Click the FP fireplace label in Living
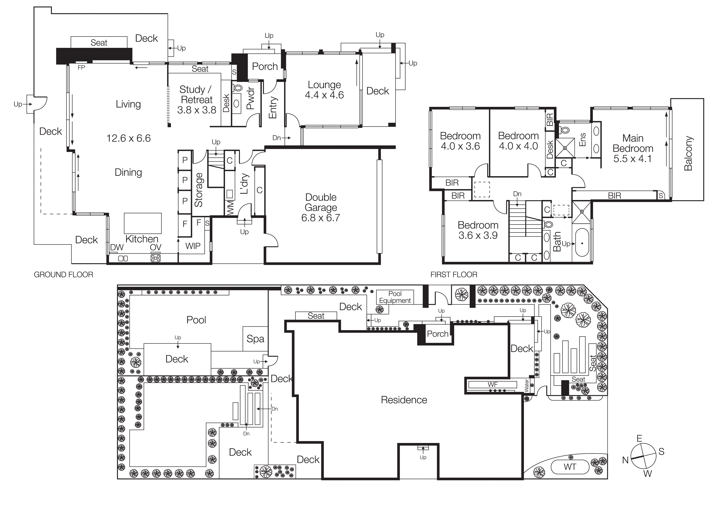pos(81,67)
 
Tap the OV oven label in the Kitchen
pos(156,247)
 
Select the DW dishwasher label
pos(117,247)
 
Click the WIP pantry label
pos(193,246)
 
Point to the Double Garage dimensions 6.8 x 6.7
pos(320,218)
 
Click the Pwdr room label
pos(250,98)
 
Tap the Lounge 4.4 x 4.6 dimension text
pos(324,95)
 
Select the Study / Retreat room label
pos(196,94)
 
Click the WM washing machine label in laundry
pos(230,208)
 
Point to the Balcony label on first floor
pos(688,153)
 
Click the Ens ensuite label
pos(582,140)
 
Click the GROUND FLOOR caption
pos(63,275)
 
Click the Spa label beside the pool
pos(255,339)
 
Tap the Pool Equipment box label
pos(395,297)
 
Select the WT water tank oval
pos(570,467)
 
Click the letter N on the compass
pos(625,460)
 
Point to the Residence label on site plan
pos(404,400)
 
